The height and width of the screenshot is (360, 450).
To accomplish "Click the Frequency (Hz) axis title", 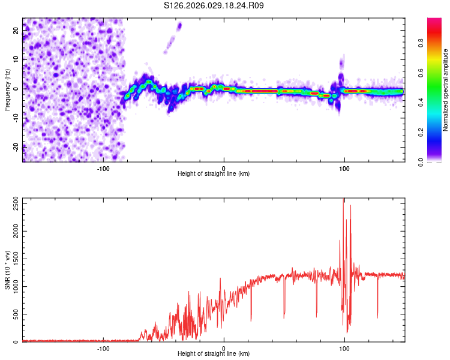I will [x=7, y=89].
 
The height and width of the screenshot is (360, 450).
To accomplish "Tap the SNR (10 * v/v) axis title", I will [x=7, y=271].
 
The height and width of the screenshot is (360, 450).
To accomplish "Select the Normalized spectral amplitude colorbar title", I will [x=446, y=90].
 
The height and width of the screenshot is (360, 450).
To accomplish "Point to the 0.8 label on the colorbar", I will [x=436, y=43].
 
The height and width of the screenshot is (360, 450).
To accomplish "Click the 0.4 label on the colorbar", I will [x=436, y=102].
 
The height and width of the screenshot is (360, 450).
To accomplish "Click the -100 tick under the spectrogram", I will [x=103, y=167].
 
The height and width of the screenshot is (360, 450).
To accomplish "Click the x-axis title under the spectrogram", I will [x=214, y=174].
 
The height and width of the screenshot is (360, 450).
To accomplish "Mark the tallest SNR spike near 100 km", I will [x=343, y=200].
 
